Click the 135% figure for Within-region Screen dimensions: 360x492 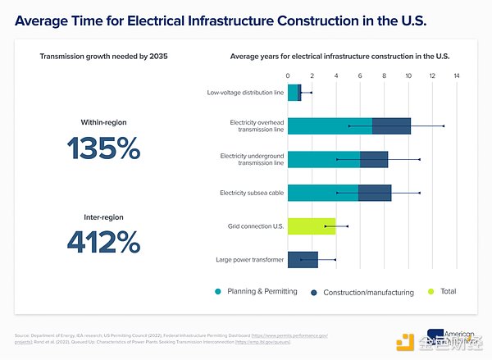103,148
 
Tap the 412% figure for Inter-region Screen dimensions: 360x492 103,242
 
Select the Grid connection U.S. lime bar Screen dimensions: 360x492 312,226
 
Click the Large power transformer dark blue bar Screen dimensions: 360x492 303,259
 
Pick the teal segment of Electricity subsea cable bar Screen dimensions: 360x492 323,193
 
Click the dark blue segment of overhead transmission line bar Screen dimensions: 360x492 391,125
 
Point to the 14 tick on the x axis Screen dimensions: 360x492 457,76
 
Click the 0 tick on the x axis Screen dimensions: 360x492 288,76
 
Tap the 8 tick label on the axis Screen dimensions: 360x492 385,76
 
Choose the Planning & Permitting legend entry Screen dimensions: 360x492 256,291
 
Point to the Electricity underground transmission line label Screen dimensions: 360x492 252,159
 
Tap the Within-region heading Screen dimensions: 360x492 103,122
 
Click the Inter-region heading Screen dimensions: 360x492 103,217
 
